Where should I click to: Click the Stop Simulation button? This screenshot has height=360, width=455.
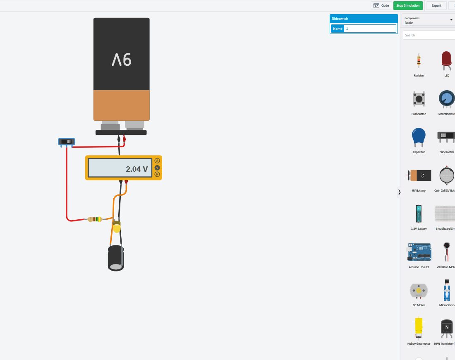pos(408,5)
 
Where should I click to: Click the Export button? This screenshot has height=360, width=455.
pos(436,5)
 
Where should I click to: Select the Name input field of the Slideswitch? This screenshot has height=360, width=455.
pos(370,29)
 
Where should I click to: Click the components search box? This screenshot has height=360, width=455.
pos(429,35)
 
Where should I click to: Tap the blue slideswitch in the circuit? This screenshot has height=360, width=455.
pos(66,142)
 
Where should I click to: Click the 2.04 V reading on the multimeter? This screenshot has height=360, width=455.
pos(136,169)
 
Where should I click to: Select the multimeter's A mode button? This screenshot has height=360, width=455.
pos(157,161)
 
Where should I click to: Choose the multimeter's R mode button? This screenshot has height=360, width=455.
pos(157,175)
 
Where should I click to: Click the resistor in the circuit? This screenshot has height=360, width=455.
pos(94,219)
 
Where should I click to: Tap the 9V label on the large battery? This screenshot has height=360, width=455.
pos(122,60)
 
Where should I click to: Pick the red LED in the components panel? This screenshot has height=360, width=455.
pos(446,60)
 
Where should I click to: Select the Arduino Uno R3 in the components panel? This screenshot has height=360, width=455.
pos(419,252)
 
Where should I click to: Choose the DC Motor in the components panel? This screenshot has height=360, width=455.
pos(419,291)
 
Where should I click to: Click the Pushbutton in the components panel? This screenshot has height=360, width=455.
pos(419,99)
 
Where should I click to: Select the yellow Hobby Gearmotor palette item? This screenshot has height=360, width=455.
pos(419,329)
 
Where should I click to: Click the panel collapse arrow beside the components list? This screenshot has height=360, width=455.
pos(399,192)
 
